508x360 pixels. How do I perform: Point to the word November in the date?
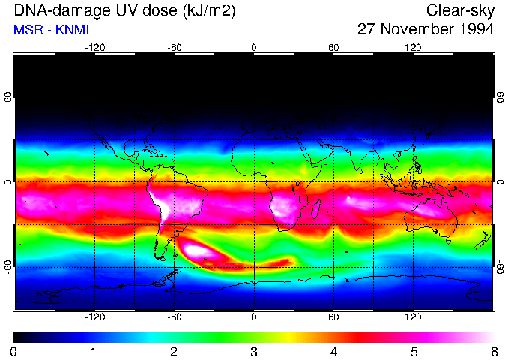pyautogui.click(x=413, y=30)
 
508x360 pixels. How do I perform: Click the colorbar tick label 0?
pyautogui.click(x=14, y=351)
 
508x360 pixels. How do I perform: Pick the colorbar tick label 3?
pyautogui.click(x=254, y=351)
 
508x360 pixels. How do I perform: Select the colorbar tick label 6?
pyautogui.click(x=493, y=351)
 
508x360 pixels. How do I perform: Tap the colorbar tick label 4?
pyautogui.click(x=333, y=351)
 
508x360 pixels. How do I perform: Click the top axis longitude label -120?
pyautogui.click(x=94, y=48)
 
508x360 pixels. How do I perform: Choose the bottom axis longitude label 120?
pyautogui.click(x=414, y=317)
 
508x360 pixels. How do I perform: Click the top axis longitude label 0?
pyautogui.click(x=254, y=48)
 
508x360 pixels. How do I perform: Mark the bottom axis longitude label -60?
pyautogui.click(x=175, y=317)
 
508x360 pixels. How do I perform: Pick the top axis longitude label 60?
pyautogui.click(x=333, y=48)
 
